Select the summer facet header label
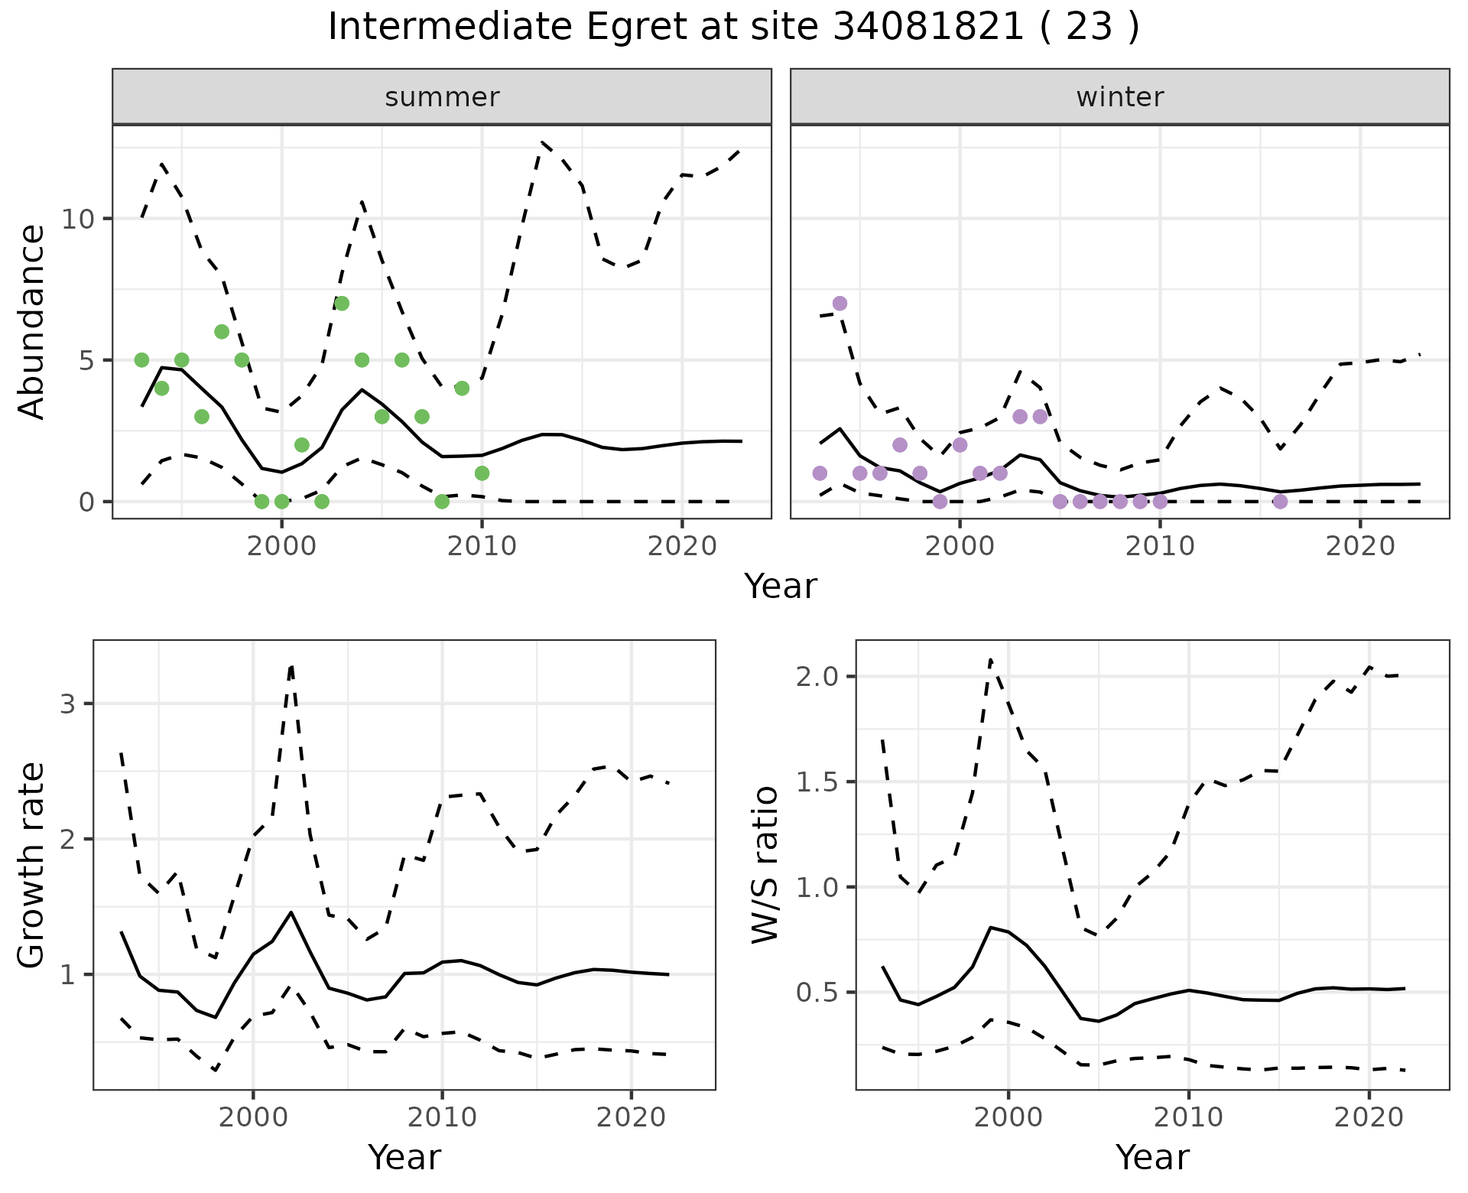442,97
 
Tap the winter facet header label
1119,97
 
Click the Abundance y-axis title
32,322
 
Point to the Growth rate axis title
32,865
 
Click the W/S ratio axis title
765,865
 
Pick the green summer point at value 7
342,304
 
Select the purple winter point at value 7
840,304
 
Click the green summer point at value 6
222,332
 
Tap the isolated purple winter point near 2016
1280,502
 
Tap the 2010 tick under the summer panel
482,546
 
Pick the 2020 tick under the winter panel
1360,546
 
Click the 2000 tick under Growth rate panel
253,1117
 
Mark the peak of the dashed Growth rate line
291,666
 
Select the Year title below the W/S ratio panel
1152,1158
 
